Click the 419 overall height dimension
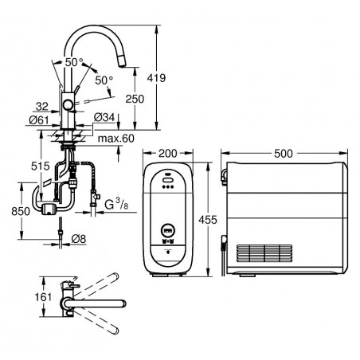pyautogui.click(x=156, y=78)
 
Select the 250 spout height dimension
pyautogui.click(x=135, y=99)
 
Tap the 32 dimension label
pyautogui.click(x=42, y=107)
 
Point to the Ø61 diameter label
pyautogui.click(x=39, y=120)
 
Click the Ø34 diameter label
pyautogui.click(x=104, y=117)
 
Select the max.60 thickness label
pyautogui.click(x=116, y=139)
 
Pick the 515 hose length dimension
pyautogui.click(x=41, y=166)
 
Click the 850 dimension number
pyautogui.click(x=21, y=211)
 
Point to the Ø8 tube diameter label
pyautogui.click(x=79, y=239)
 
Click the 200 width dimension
pyautogui.click(x=168, y=153)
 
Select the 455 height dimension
pyautogui.click(x=208, y=220)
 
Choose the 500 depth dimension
pyautogui.click(x=284, y=154)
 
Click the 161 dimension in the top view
pyautogui.click(x=43, y=297)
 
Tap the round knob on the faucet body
pyautogui.click(x=68, y=105)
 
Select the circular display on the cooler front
pyautogui.click(x=168, y=229)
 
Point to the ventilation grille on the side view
pyautogui.click(x=264, y=253)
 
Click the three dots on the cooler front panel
pyautogui.click(x=168, y=186)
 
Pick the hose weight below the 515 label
pyautogui.click(x=48, y=207)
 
